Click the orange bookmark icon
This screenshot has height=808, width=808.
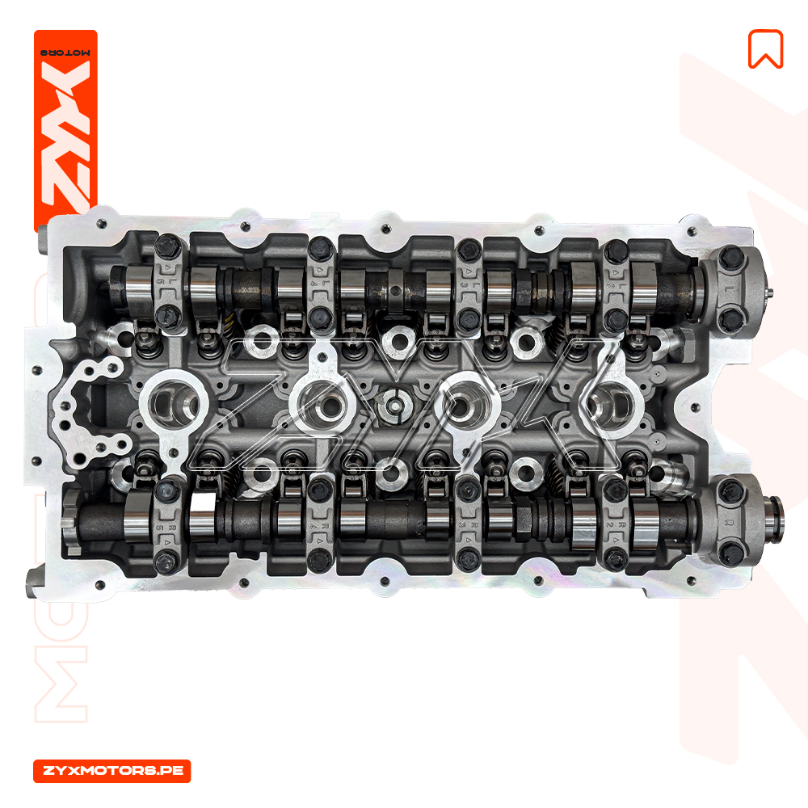(x=766, y=49)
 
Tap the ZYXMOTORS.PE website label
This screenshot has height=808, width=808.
(x=112, y=771)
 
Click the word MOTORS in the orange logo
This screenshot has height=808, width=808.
(x=65, y=53)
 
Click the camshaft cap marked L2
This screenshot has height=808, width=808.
(x=615, y=287)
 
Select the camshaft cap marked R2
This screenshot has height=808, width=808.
(x=615, y=528)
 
